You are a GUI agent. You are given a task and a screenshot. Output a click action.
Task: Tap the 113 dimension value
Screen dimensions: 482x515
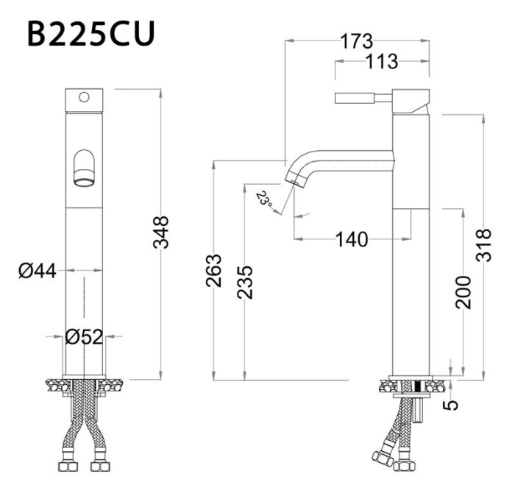(x=381, y=62)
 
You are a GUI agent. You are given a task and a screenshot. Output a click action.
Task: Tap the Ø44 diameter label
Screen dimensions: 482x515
(x=37, y=271)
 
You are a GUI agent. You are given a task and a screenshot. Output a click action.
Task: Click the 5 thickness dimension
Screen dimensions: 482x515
(x=452, y=404)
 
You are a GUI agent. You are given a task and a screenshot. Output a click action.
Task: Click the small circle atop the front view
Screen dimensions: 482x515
(x=84, y=96)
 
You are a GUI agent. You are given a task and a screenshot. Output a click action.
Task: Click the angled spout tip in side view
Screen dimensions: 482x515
(x=297, y=177)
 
